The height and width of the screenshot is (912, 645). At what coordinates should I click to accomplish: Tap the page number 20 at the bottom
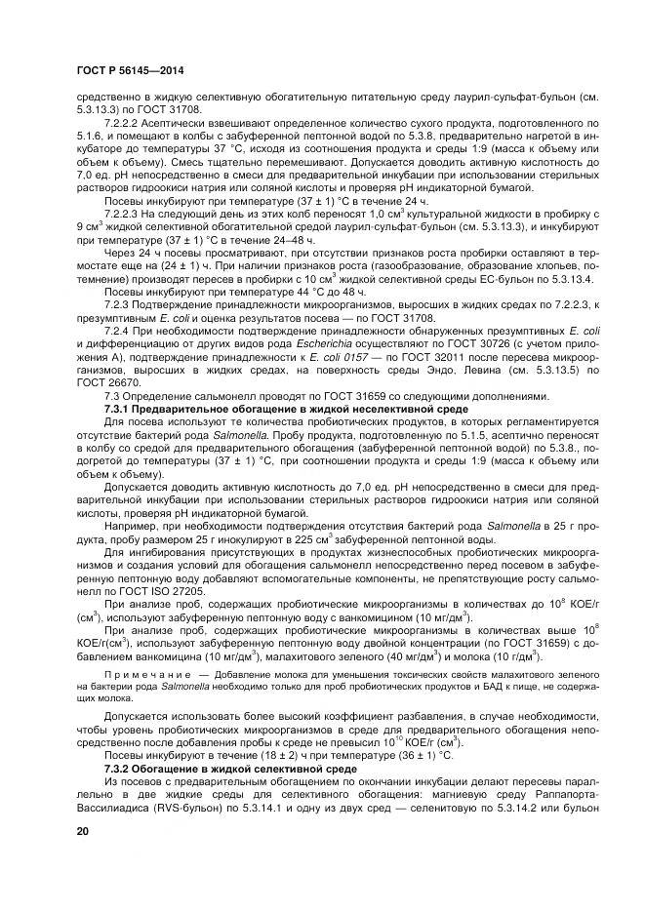[83, 830]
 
